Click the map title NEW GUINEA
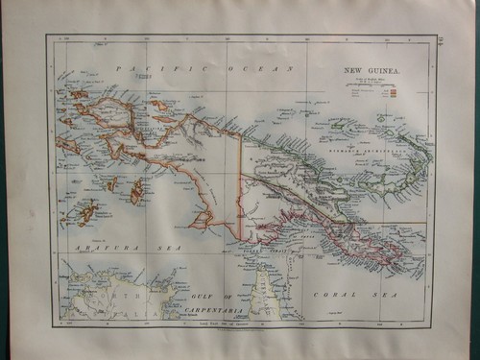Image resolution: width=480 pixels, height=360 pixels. tap(374, 70)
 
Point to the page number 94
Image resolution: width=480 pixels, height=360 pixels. tap(441, 40)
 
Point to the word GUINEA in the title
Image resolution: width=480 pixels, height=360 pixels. tap(388, 70)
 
